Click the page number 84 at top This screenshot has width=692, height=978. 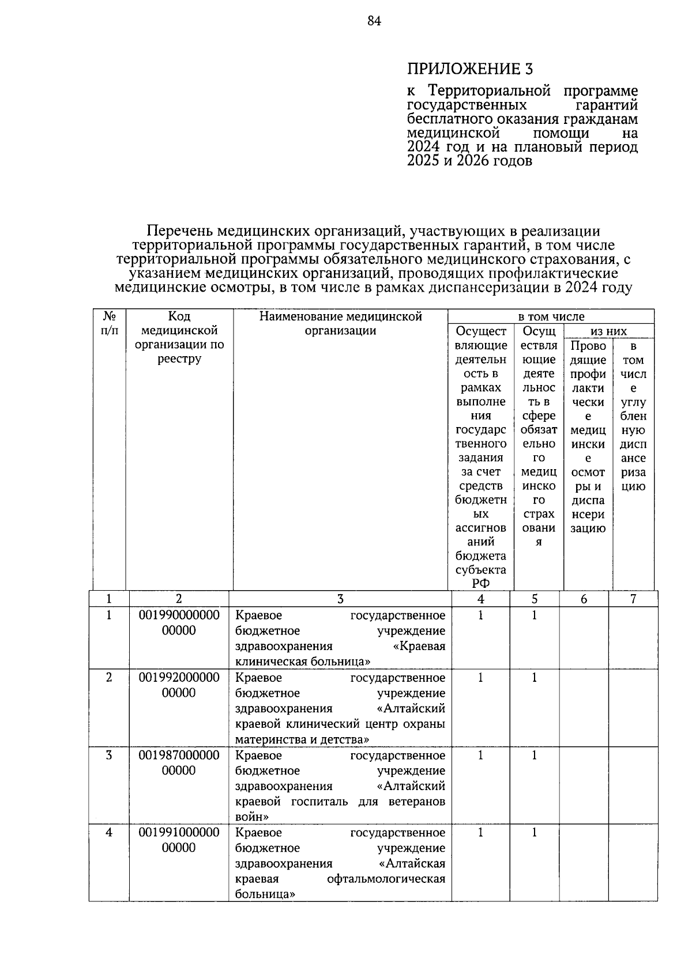(x=374, y=21)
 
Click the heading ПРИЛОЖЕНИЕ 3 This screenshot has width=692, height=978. (x=470, y=69)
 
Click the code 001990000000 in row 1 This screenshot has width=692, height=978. (x=179, y=616)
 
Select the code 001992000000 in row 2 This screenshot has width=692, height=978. (x=179, y=678)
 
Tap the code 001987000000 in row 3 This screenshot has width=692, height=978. (x=179, y=755)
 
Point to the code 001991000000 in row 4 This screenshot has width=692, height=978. (x=179, y=832)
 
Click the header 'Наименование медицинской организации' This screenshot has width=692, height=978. (x=340, y=323)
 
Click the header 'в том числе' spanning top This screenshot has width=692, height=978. (x=551, y=316)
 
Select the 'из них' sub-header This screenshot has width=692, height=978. (x=608, y=331)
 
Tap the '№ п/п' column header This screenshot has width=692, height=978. (x=110, y=323)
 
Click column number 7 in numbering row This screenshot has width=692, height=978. (x=633, y=599)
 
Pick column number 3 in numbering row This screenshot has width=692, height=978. (x=340, y=599)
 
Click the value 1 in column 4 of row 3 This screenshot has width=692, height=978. (x=480, y=755)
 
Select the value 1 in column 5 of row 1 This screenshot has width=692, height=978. (x=534, y=616)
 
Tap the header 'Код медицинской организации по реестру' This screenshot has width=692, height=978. (x=179, y=338)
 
